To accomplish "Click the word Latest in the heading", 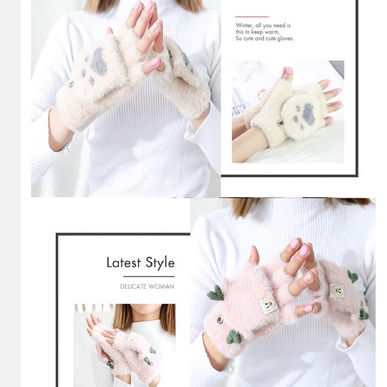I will point(123,263).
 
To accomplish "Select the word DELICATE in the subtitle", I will point(134,286).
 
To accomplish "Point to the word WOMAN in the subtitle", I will point(162,286).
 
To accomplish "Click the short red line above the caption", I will point(252,17).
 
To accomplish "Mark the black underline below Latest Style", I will point(149,277).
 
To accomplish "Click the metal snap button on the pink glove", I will point(219,319).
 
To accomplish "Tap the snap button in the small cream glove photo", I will point(280,123).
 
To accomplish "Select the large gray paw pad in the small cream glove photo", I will point(309,113).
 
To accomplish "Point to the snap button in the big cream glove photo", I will point(71,84).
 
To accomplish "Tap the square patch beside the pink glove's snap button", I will point(268,305).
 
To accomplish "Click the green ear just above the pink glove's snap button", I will point(215,293).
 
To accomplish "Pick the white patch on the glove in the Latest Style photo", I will point(132,340).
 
